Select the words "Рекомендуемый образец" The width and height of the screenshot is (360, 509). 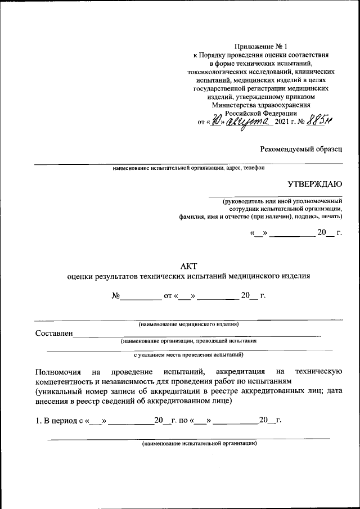click(x=301, y=149)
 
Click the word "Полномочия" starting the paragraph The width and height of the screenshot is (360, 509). click(x=56, y=372)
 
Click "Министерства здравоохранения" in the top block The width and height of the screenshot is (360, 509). click(x=260, y=105)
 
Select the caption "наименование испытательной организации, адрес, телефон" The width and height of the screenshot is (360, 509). click(x=188, y=168)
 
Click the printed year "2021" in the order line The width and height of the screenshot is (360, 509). click(x=283, y=122)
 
